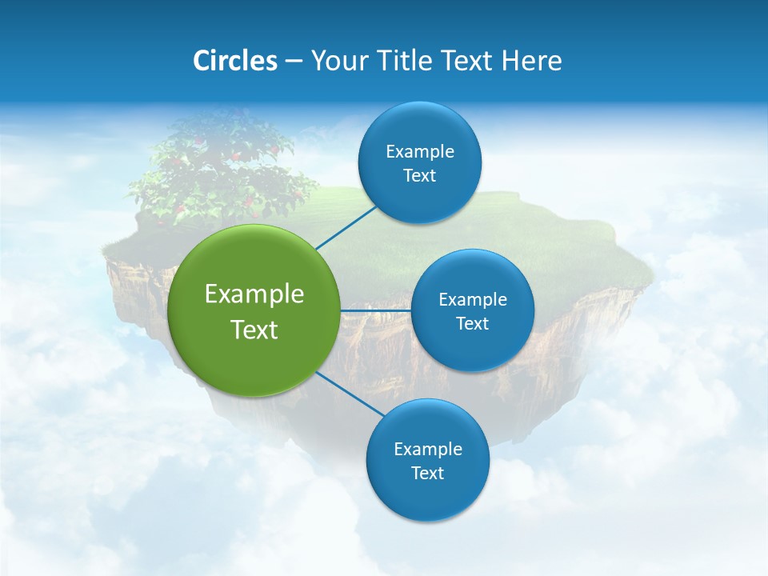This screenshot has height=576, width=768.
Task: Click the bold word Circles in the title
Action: pos(234,61)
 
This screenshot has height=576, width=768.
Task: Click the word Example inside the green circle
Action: pos(254,294)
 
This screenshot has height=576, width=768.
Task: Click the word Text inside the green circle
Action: pos(254,330)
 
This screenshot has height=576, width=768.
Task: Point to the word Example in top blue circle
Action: pos(420,152)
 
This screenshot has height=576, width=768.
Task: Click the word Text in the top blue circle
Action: pos(420,176)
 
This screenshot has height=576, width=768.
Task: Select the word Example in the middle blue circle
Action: pos(473,300)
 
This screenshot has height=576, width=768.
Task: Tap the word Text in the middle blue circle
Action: pos(473,324)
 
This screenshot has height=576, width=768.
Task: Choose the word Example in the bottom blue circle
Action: pos(428,450)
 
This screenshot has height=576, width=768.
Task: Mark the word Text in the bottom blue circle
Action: pos(428,474)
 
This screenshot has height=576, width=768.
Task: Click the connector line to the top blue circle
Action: pos(346,227)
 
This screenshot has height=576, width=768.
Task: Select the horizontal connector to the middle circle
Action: pos(376,310)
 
